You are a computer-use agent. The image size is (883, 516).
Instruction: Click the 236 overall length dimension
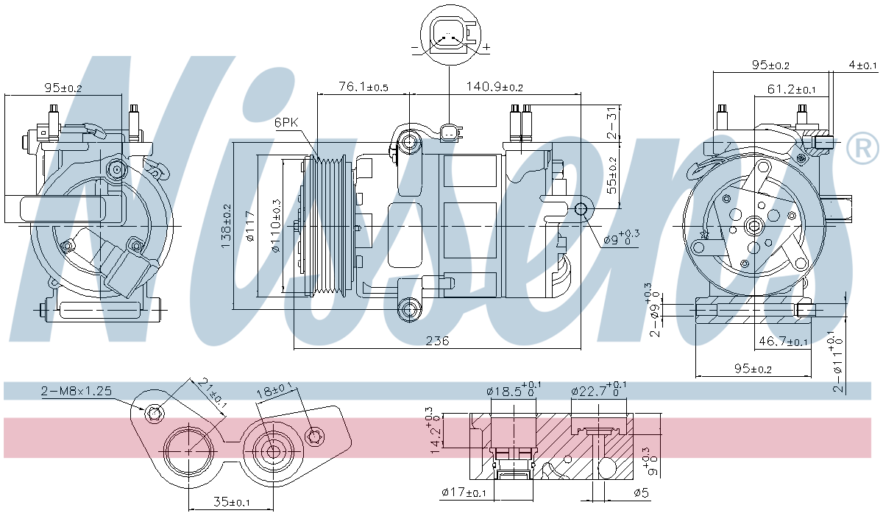(x=437, y=341)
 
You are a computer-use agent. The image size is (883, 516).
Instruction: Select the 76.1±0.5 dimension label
(x=363, y=87)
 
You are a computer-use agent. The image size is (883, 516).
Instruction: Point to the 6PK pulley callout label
(x=286, y=123)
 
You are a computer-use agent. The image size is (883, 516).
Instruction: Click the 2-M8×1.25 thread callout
(x=77, y=391)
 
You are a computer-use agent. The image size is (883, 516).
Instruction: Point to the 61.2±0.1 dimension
(x=792, y=90)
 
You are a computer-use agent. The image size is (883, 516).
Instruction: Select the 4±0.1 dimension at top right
(x=862, y=66)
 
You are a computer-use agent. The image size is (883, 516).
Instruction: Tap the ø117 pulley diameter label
(x=250, y=227)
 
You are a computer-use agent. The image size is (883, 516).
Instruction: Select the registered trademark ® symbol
(x=862, y=149)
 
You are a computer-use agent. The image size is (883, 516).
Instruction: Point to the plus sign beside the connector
(x=486, y=47)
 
